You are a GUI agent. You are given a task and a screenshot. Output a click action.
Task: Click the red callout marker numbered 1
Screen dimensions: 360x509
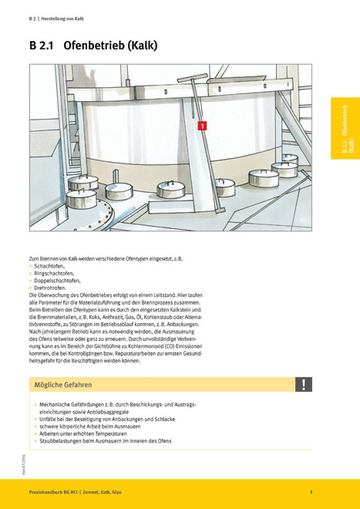(x=202, y=126)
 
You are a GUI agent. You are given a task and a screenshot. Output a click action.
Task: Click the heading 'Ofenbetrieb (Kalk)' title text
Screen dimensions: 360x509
(x=110, y=46)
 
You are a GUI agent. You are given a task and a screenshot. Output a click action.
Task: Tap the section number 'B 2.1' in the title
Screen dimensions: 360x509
(x=41, y=46)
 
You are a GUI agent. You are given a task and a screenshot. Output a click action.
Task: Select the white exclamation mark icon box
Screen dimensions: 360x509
(x=304, y=384)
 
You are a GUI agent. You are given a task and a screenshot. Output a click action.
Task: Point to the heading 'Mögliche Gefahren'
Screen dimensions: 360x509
(x=63, y=385)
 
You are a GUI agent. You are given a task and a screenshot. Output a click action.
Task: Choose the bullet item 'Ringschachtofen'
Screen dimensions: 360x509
(x=53, y=273)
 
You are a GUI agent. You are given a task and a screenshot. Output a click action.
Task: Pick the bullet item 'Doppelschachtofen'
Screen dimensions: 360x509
(x=57, y=280)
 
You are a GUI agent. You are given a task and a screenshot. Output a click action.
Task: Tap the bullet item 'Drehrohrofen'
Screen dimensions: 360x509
(x=50, y=288)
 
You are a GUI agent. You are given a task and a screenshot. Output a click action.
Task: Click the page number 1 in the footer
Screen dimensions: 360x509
(x=311, y=492)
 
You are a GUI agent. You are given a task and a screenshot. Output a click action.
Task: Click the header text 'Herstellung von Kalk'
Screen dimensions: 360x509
(x=62, y=19)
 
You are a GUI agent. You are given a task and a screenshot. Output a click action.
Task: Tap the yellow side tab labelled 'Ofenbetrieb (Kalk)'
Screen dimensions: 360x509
(x=345, y=128)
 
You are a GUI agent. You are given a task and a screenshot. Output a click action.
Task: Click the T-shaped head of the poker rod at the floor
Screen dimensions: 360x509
(x=220, y=211)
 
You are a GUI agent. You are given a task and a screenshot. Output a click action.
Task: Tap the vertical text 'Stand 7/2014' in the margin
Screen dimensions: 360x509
(x=24, y=465)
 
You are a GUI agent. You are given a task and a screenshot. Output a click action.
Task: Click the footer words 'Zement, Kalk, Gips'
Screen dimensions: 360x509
(x=102, y=492)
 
